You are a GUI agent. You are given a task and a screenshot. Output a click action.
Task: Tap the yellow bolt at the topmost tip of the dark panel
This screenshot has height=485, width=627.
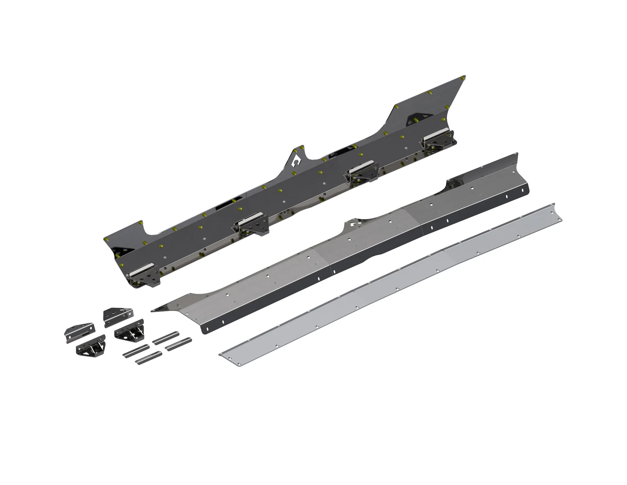(463, 77)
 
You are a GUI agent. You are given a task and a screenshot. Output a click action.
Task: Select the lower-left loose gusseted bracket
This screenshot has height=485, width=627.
(91, 346)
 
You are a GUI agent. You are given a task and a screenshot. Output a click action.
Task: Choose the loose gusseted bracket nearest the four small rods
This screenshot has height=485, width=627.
(129, 329)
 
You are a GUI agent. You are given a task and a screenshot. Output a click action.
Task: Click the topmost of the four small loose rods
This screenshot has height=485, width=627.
(166, 338)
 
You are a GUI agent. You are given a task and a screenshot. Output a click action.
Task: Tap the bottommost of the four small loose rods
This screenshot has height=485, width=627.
(149, 358)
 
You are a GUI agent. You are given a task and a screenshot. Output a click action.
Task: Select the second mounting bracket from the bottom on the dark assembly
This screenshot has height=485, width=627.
(251, 225)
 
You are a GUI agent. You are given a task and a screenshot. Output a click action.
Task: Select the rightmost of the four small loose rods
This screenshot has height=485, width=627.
(178, 343)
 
